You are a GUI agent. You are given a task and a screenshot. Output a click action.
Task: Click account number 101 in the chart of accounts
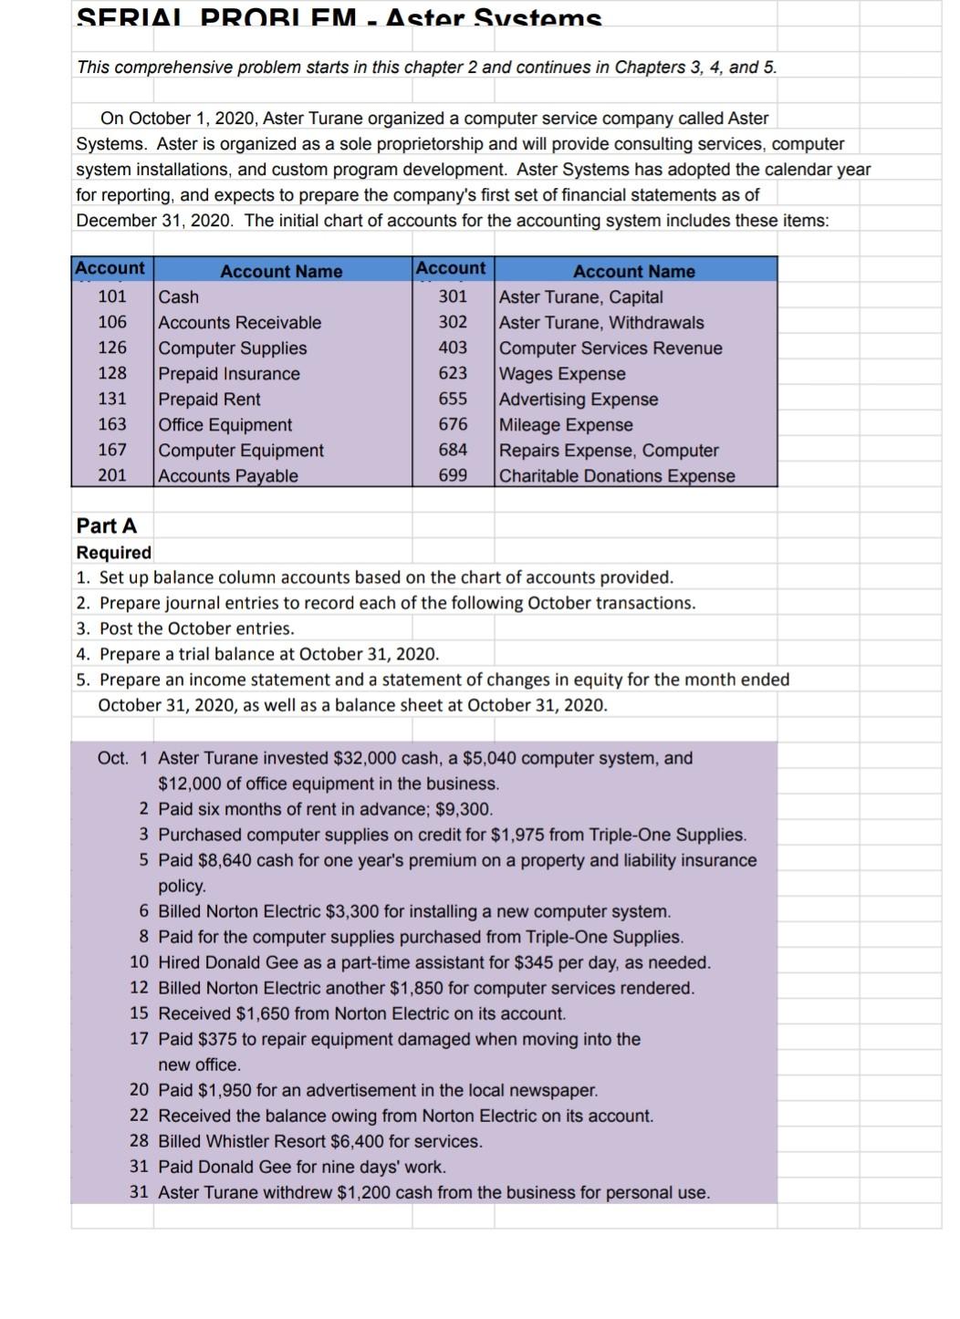(x=112, y=296)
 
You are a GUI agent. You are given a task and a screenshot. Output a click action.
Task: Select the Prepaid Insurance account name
(x=229, y=374)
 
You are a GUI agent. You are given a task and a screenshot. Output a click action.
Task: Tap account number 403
(x=453, y=348)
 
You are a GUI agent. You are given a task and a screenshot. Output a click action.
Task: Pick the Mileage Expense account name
(x=566, y=425)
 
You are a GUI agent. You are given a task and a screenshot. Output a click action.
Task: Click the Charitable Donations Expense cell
(x=617, y=476)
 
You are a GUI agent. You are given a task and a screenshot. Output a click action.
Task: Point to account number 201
(x=112, y=475)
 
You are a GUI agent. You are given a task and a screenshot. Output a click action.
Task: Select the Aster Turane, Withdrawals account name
(x=601, y=323)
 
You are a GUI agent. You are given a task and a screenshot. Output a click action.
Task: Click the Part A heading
(x=107, y=525)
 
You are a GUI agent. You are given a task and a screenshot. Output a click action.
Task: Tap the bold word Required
(x=114, y=553)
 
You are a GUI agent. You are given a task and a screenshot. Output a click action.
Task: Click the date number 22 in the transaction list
(x=139, y=1116)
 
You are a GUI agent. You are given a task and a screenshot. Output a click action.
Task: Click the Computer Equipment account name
(x=241, y=451)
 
